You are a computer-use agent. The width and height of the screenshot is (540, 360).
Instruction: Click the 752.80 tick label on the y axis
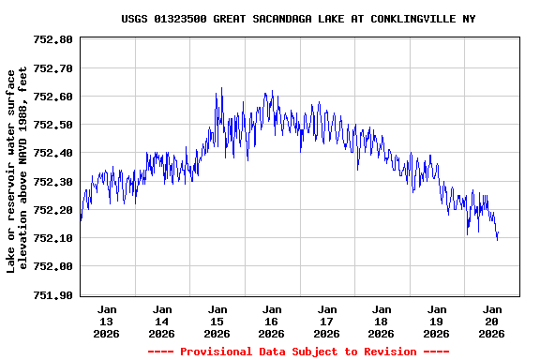point(52,39)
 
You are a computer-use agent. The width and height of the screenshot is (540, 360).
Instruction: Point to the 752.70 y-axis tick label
point(52,68)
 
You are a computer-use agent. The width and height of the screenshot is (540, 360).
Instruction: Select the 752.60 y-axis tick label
point(52,97)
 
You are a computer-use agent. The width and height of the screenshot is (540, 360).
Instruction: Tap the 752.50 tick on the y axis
point(52,125)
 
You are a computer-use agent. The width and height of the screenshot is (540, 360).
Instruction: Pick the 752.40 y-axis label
point(52,153)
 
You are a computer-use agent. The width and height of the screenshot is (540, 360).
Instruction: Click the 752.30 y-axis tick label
point(52,182)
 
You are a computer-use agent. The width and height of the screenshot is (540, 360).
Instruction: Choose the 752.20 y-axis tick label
point(52,210)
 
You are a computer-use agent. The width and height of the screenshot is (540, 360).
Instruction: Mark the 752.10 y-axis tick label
point(52,238)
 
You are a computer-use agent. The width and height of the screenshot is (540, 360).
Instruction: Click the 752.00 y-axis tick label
point(52,266)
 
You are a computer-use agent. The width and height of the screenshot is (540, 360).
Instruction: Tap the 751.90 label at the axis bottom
point(52,295)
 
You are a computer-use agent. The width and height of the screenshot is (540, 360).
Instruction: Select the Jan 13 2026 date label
point(107,321)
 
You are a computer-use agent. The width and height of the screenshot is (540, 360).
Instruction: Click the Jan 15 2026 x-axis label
point(217,321)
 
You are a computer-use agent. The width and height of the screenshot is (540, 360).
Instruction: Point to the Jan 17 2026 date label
point(326,321)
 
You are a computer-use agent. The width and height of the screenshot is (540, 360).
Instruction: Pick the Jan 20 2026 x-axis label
point(491,321)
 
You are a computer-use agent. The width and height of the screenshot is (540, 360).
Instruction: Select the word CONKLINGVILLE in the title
point(413,19)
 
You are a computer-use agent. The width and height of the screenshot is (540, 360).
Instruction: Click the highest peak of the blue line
point(221,88)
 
